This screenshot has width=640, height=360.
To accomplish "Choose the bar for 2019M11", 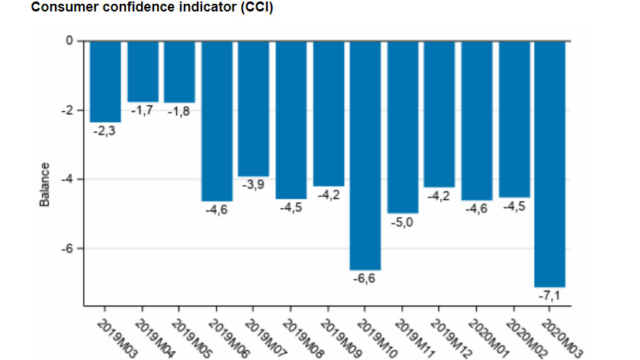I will click(x=402, y=127).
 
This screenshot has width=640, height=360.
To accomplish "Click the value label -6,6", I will click(x=364, y=279).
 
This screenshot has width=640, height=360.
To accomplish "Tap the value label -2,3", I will click(x=105, y=131).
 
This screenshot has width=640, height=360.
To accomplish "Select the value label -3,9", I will click(x=252, y=185).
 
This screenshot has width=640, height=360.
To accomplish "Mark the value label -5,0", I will click(x=401, y=223).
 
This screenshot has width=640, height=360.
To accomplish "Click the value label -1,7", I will click(x=142, y=111).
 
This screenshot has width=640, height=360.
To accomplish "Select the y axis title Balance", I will click(x=45, y=184).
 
